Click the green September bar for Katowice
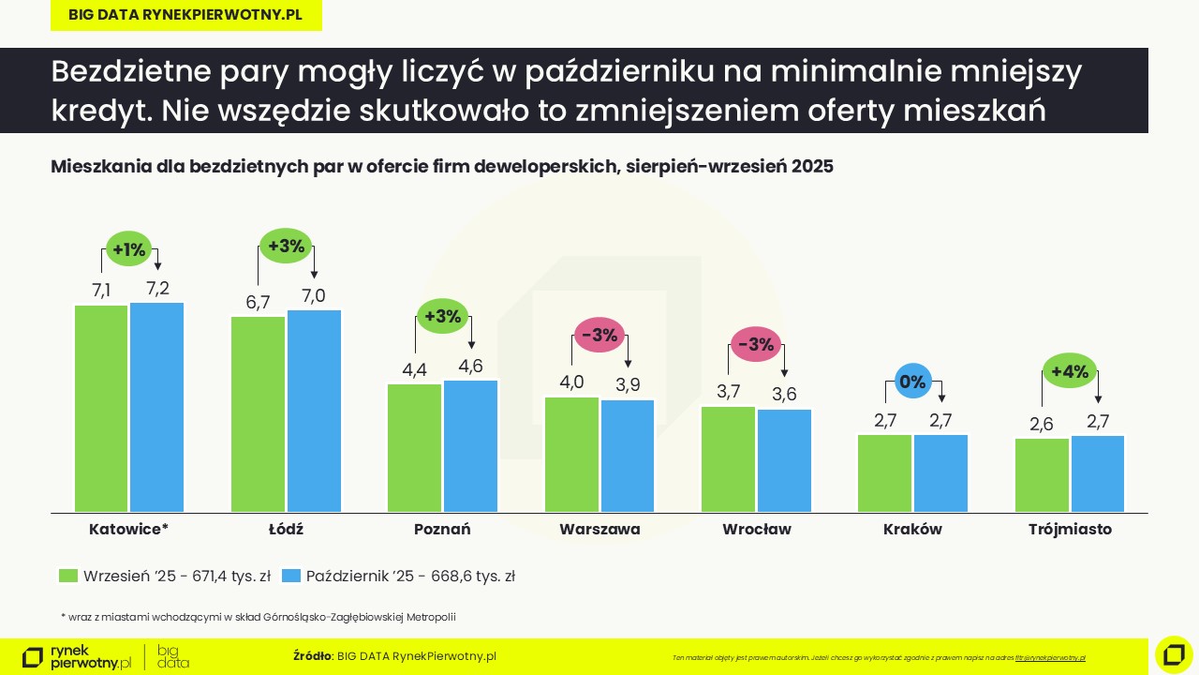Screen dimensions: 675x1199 coord(101,408)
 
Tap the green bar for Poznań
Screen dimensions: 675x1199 coord(414,447)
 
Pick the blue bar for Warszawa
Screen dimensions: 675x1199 coord(628,456)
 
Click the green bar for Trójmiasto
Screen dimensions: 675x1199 coord(1042,474)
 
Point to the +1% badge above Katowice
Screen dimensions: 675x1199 coord(129,249)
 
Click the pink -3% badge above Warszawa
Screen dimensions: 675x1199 coord(599,335)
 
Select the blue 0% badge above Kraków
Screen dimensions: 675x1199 coord(912,382)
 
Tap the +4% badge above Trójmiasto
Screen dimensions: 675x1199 coord(1070,371)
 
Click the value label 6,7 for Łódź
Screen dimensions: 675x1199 coord(258,302)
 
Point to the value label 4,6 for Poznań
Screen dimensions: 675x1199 coord(470,367)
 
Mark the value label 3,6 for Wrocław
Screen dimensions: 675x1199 coord(784,395)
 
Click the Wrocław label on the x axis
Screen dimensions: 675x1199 coord(756,529)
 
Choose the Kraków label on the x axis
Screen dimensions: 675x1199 coord(912,529)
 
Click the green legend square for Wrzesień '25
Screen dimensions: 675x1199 coord(67,577)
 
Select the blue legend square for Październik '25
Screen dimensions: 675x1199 coord(290,577)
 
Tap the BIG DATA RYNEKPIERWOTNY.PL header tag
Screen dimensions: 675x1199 coord(185,15)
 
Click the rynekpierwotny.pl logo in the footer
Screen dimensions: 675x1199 coord(77,656)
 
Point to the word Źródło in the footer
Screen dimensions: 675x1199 coord(312,656)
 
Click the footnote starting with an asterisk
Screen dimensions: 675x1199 coord(258,617)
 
